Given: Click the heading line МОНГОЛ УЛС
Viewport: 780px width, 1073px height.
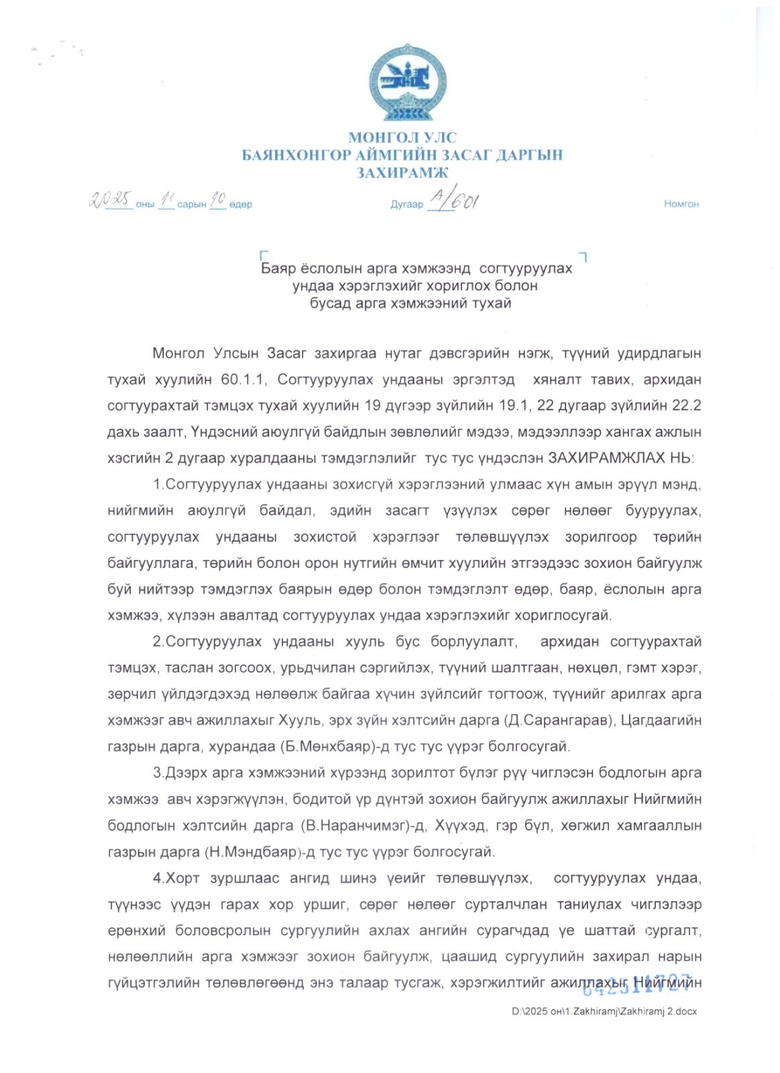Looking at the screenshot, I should pos(402,137).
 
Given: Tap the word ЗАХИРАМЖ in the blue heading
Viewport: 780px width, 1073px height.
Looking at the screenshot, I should pos(402,172).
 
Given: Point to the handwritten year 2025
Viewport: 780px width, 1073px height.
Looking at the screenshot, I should pos(111,199).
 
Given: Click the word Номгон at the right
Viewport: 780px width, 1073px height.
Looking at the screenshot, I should pos(681,204).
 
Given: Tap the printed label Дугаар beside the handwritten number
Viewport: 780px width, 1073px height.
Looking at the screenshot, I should pos(407,205).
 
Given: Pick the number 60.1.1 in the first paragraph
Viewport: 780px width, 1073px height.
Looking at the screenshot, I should pos(244,380).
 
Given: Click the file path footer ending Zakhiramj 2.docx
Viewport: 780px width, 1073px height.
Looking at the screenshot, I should pos(604,1011).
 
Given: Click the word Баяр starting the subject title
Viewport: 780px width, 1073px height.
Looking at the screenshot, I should pos(278,269).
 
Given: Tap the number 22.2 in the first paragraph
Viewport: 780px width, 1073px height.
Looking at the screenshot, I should pos(685,406).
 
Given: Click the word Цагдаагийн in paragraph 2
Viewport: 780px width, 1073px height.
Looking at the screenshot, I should pos(661,720).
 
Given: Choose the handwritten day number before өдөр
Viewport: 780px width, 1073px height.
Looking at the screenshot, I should pos(217,200).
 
